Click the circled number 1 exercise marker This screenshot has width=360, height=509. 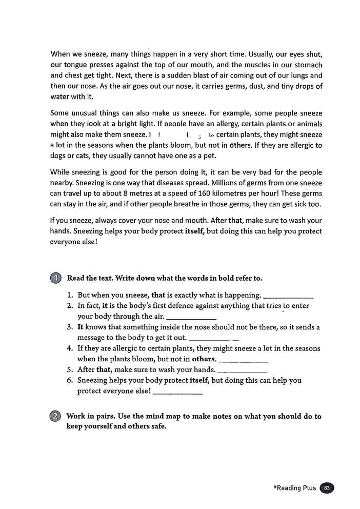click(56, 278)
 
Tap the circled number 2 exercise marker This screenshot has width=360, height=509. click(56, 417)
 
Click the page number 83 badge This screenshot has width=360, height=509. click(326, 488)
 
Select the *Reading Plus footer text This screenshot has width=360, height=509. click(295, 488)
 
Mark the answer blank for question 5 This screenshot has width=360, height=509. click(243, 370)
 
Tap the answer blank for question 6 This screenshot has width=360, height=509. click(178, 393)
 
